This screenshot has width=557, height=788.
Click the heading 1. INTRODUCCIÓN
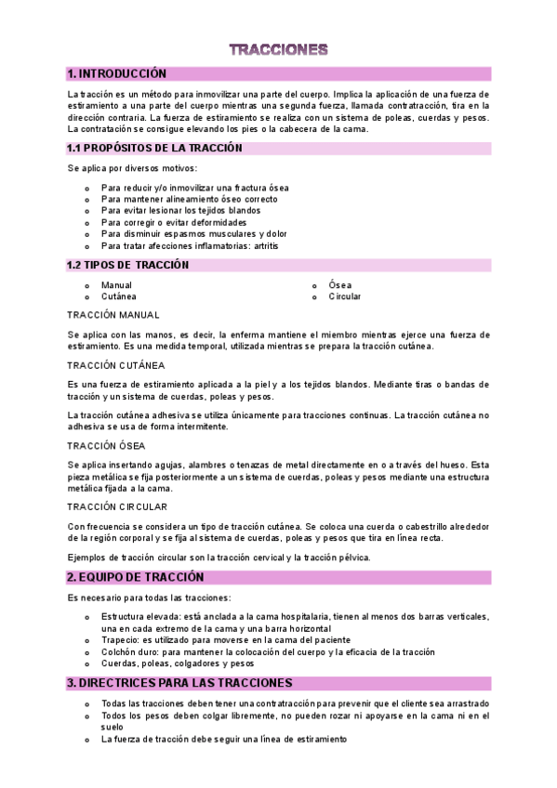[116, 73]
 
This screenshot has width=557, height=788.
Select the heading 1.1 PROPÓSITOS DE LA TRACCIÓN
[154, 148]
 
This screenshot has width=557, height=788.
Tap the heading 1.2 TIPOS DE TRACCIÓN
[128, 265]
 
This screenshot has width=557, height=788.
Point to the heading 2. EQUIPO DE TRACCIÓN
[128, 577]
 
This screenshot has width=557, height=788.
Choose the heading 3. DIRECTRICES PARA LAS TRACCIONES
[179, 683]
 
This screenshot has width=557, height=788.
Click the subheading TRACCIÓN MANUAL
[113, 315]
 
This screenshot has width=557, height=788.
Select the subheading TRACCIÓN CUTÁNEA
[116, 365]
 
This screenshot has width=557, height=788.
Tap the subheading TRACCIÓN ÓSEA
[106, 445]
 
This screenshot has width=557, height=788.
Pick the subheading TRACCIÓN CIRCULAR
[117, 506]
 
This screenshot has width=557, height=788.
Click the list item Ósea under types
[340, 285]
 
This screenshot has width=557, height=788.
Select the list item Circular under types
[345, 296]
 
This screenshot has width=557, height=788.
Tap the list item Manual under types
[117, 285]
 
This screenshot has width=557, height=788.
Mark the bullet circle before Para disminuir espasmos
[86, 234]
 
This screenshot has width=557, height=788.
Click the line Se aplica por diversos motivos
[132, 168]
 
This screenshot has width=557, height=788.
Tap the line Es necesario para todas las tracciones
[148, 597]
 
